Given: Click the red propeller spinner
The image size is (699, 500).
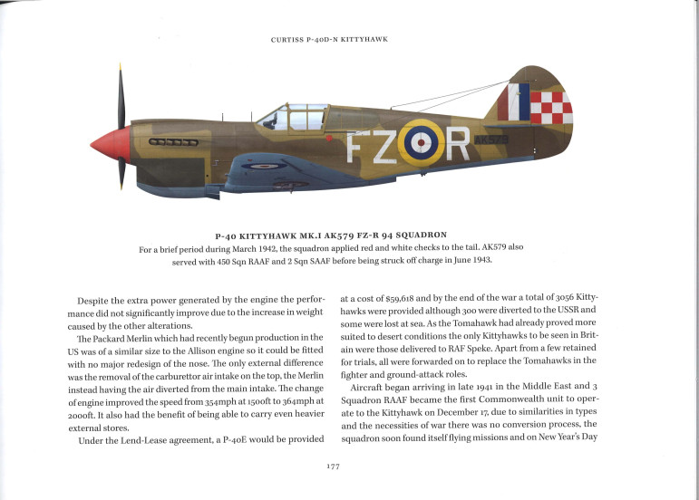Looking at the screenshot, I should pyautogui.click(x=109, y=145).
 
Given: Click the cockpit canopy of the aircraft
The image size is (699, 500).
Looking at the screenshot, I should pyautogui.click(x=286, y=116).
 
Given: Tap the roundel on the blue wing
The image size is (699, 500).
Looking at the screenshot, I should pyautogui.click(x=264, y=166).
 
